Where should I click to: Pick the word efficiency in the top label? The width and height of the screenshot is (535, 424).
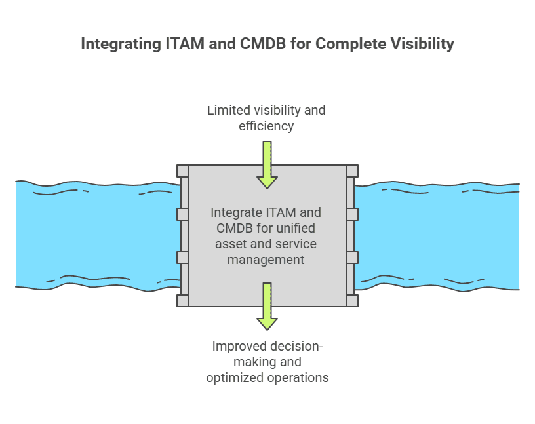pos(266,125)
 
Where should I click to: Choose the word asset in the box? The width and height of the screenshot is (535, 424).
pos(231,244)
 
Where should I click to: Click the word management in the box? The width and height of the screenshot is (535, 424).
pos(266,260)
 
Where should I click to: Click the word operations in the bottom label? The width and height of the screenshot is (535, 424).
pos(298,377)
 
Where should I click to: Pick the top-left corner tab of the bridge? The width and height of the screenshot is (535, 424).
pos(183,171)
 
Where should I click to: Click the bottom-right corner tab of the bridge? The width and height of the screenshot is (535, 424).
pos(352,301)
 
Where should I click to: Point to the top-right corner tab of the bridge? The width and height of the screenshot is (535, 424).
pos(352,171)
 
